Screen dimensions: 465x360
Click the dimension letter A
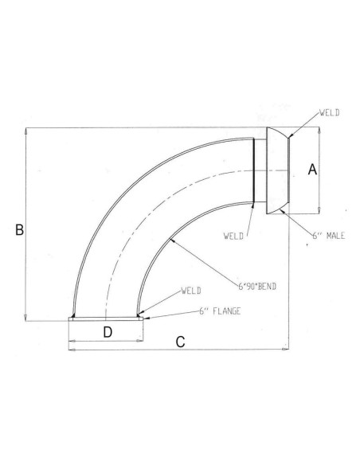coord(313,169)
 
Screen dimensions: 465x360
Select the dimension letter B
coord(19,229)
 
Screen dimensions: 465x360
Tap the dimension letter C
coord(181,342)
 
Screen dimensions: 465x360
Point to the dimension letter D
coord(107,331)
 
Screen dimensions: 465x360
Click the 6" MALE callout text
coord(328,237)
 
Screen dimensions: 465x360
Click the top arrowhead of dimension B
coord(28,130)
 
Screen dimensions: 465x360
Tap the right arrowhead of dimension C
coord(288,350)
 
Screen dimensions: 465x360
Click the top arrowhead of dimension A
coord(320,134)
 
